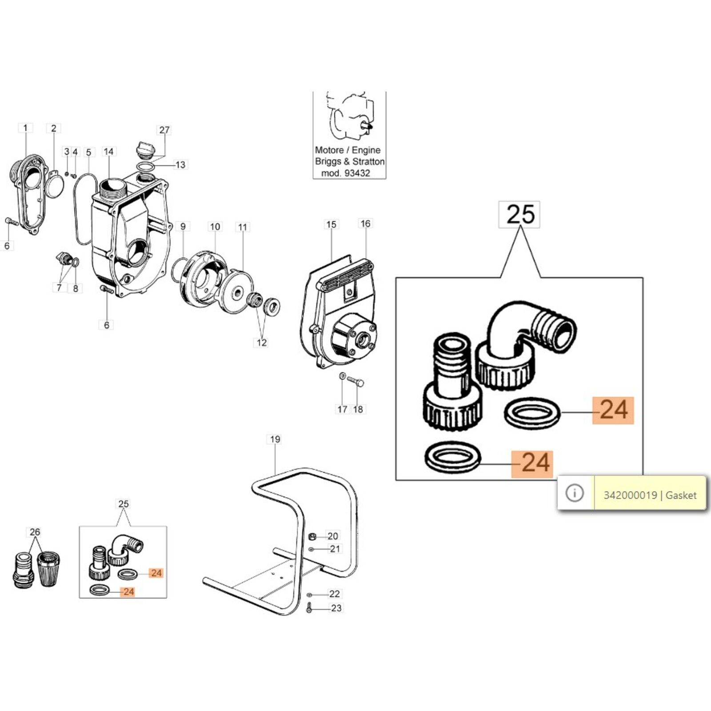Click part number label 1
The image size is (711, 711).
[25, 128]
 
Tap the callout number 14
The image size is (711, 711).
[108, 152]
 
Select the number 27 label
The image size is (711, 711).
[164, 130]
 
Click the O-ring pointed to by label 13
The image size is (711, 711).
[146, 167]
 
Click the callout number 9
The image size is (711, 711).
[183, 226]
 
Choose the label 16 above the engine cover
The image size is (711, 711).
[365, 224]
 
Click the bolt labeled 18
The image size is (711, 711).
[355, 382]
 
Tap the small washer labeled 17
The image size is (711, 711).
[342, 376]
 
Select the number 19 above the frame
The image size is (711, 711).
[275, 439]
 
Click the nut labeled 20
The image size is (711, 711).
[312, 536]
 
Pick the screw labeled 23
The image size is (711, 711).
[309, 607]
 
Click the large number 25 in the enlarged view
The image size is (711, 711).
[519, 215]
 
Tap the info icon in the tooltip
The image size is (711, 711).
[575, 493]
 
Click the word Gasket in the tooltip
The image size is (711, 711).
[681, 495]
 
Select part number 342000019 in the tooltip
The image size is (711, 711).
[630, 495]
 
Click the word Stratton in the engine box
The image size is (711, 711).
[367, 161]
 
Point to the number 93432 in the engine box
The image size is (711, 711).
[357, 173]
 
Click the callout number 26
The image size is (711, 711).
[35, 532]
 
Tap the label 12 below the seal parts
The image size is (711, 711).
[261, 343]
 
